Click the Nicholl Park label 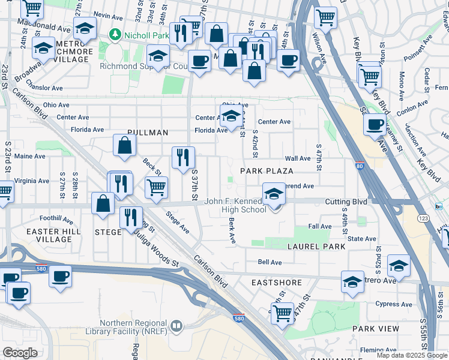[x=147, y=35]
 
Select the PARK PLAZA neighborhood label [x=267, y=171]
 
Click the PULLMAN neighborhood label [x=148, y=132]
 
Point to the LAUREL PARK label [x=316, y=247]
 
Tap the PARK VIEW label [x=376, y=329]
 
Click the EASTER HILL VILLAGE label [x=49, y=236]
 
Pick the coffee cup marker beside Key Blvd [x=375, y=125]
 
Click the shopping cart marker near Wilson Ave [x=325, y=18]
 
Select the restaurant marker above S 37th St [x=183, y=157]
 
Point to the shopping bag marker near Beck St [x=124, y=145]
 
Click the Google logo [x=20, y=353]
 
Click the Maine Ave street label [x=30, y=156]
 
